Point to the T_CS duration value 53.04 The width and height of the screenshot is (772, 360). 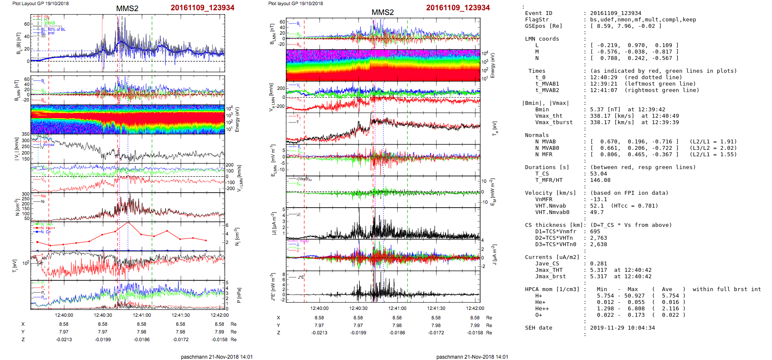598,174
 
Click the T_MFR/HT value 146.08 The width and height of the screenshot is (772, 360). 600,180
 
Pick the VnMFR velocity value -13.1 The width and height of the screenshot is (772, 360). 598,199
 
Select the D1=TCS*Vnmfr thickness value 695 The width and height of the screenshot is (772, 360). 595,232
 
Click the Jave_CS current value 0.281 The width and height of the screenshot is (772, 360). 598,264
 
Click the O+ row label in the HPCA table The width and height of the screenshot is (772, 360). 538,315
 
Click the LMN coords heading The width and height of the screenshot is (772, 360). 542,39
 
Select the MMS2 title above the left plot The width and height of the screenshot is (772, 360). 127,9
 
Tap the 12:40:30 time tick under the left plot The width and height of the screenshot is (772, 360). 103,315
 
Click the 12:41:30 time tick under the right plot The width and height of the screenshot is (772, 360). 436,308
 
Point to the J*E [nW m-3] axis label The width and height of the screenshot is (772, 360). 273,287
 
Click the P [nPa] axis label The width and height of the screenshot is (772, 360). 239,295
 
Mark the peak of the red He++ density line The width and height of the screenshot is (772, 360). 128,222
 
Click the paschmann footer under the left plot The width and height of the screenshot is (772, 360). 217,357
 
